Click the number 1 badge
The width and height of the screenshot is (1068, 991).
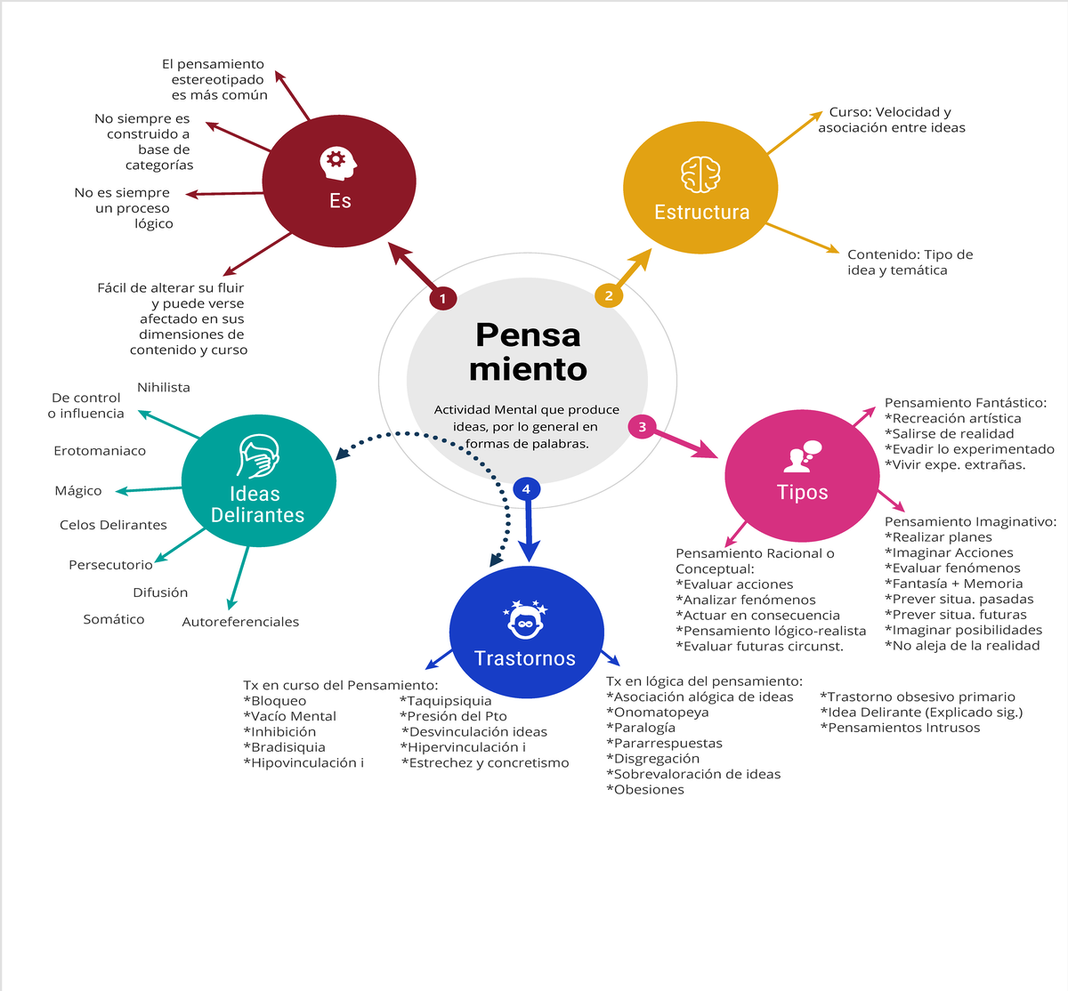click(x=442, y=298)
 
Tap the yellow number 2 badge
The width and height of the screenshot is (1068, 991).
click(x=608, y=295)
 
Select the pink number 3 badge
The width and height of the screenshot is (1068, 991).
click(x=642, y=427)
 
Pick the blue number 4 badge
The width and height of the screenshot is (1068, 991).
click(x=526, y=488)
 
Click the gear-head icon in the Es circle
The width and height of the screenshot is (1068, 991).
click(x=337, y=163)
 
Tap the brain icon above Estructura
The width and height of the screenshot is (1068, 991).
click(x=700, y=174)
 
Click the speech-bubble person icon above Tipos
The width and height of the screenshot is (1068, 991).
click(x=803, y=456)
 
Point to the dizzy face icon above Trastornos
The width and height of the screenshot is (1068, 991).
click(x=525, y=620)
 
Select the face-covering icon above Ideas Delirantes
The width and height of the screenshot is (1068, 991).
click(x=258, y=456)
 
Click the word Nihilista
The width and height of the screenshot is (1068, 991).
click(x=164, y=387)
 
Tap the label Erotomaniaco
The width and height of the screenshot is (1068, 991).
click(x=100, y=451)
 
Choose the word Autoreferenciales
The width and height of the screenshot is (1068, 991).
click(x=240, y=622)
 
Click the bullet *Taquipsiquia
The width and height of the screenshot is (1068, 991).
click(x=445, y=701)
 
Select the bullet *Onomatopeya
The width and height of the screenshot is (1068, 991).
click(x=658, y=713)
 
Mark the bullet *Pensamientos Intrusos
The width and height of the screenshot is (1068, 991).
click(x=900, y=728)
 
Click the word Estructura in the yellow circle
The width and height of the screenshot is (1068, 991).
click(x=702, y=212)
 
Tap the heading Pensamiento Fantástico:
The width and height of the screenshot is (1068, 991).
click(x=966, y=403)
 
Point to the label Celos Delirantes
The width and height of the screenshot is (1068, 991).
click(x=113, y=525)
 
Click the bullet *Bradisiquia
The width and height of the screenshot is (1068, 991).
click(x=285, y=747)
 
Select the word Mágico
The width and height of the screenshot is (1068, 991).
click(x=78, y=491)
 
